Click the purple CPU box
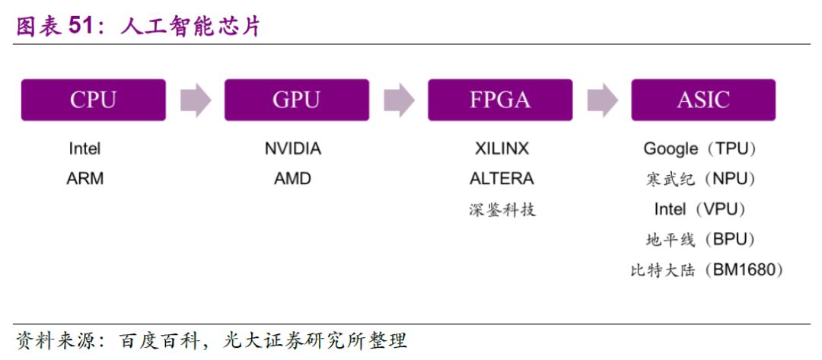(x=93, y=100)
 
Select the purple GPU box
(x=296, y=100)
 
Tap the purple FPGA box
(x=500, y=100)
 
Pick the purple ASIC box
(x=703, y=100)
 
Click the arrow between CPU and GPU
(x=195, y=100)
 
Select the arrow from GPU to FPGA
(x=399, y=100)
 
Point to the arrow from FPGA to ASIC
(x=602, y=100)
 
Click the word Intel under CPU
(x=84, y=148)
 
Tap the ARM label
(x=84, y=179)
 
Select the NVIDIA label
(x=293, y=148)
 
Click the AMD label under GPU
(x=293, y=179)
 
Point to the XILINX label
(x=502, y=148)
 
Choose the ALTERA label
(x=502, y=179)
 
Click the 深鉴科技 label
(x=502, y=209)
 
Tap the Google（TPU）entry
(x=700, y=148)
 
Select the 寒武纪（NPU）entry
(x=700, y=179)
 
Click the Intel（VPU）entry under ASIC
(x=700, y=209)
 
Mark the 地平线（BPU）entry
(x=700, y=239)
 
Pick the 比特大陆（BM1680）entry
(x=706, y=269)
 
